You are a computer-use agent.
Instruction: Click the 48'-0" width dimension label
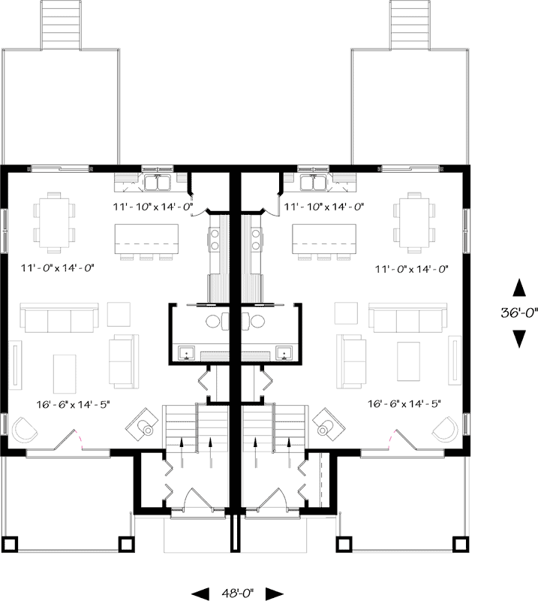tap(239, 593)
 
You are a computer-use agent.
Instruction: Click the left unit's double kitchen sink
tap(158, 182)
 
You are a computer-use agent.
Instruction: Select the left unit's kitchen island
tap(146, 239)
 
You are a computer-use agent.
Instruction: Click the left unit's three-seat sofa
tap(59, 319)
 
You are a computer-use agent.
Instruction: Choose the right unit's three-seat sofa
tap(406, 319)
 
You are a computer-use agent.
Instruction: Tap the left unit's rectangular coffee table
tap(65, 371)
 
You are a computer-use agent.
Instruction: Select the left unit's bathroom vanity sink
tap(187, 352)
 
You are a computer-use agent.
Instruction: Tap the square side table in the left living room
tap(119, 313)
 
